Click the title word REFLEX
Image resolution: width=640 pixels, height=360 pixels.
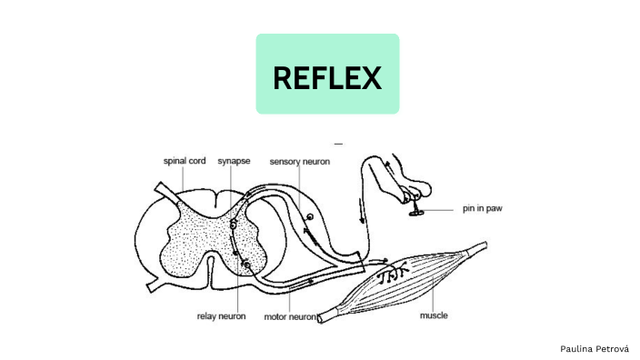click(x=327, y=78)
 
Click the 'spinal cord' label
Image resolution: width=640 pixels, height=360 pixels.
click(x=185, y=161)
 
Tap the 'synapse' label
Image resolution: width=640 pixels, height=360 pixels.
click(x=234, y=161)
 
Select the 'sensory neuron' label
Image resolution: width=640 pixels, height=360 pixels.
click(x=299, y=161)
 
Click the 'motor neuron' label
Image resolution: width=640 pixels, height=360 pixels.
click(x=290, y=317)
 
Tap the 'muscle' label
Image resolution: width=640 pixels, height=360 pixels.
click(x=434, y=316)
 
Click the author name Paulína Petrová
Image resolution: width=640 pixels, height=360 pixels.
click(x=594, y=348)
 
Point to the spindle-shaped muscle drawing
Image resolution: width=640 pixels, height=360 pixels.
click(x=409, y=277)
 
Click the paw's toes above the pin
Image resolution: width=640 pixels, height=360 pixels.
click(x=415, y=194)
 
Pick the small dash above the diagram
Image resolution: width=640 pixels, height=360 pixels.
click(x=338, y=144)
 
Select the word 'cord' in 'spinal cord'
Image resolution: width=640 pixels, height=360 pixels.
click(x=195, y=161)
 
